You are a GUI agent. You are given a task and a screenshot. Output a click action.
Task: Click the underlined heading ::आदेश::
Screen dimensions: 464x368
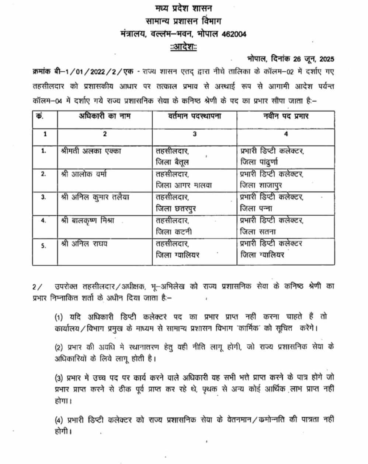[x=183, y=47]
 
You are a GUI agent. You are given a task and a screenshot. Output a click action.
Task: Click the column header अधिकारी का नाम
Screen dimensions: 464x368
[x=105, y=116]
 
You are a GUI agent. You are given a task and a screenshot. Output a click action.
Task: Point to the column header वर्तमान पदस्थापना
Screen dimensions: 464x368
[x=194, y=116]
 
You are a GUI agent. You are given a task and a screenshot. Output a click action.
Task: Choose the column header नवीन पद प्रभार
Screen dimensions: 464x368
[x=286, y=116]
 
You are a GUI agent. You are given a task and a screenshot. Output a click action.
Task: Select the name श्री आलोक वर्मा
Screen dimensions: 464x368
[x=84, y=174]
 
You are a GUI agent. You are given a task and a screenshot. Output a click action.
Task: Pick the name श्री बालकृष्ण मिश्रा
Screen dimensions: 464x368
[x=87, y=221]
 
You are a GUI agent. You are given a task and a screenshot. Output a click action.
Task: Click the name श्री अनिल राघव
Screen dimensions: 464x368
[x=84, y=244]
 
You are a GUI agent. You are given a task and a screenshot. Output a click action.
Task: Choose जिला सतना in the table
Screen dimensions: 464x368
[x=258, y=232]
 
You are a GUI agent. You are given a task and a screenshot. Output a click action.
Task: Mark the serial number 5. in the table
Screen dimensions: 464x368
[x=44, y=245]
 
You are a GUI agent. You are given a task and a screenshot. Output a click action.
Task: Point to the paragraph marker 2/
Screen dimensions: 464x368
[x=38, y=286]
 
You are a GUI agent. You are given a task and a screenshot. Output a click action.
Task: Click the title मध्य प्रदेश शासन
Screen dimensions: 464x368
[x=183, y=8]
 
